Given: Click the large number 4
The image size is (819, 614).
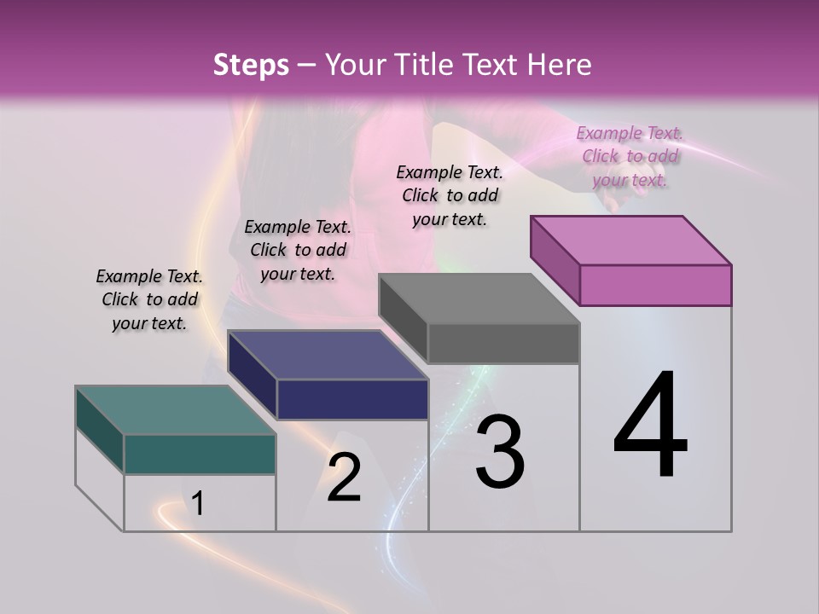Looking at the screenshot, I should [651, 426].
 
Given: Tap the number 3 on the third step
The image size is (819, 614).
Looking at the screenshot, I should [500, 452].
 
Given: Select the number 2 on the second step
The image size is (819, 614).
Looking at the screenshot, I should [344, 478].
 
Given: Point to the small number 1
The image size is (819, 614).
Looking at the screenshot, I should [198, 504].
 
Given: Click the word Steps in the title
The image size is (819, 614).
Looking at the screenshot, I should [251, 65].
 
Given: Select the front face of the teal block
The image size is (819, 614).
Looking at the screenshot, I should [200, 454].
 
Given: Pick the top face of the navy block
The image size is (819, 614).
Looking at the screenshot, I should [328, 354].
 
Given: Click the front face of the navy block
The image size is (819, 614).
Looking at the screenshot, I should [352, 399].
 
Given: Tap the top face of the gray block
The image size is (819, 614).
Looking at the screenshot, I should [479, 298].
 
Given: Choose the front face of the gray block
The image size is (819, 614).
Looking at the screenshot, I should [503, 344].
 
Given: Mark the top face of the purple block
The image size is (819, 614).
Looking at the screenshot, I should [631, 240].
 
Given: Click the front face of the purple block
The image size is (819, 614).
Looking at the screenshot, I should [655, 285].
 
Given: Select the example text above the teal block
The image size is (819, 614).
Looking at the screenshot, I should [149, 300].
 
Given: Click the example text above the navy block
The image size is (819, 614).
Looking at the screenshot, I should [298, 250].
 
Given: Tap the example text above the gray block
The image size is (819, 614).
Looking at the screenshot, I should [450, 195].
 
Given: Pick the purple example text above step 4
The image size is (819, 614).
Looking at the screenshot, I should [630, 156].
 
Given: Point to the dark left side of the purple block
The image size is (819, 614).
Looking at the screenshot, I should [555, 260].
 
